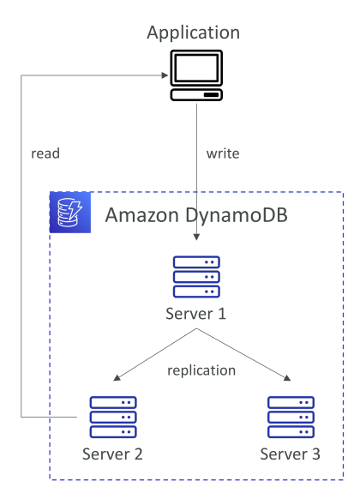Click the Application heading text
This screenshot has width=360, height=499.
194,33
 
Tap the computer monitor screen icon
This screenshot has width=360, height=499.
196,68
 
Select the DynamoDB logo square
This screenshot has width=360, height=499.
70,213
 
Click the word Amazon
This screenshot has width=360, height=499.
141,215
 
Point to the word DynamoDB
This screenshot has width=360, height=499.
237,216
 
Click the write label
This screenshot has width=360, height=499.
223,153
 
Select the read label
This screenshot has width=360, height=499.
45,153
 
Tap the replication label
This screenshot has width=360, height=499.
201,371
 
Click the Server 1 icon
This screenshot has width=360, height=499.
196,277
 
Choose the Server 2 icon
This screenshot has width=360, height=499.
113,417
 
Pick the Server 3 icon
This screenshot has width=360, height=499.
291,417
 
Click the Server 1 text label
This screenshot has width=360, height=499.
196,314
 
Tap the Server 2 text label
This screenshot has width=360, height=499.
112,454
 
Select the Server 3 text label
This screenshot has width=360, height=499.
291,454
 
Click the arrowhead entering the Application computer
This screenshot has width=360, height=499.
165,75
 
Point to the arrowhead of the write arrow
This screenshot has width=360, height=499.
196,237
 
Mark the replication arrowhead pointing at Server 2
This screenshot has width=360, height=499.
117,378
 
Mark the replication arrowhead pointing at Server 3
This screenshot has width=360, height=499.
287,378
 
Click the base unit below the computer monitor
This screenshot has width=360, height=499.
196,95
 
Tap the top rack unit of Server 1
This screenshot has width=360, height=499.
196,262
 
